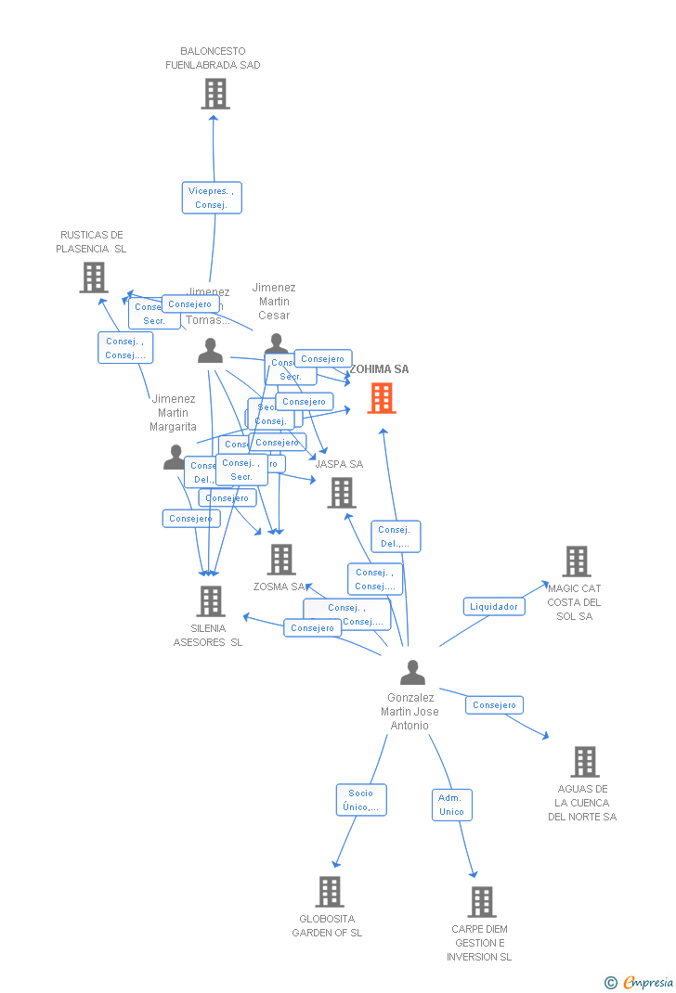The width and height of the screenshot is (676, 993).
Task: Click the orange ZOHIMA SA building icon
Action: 381,398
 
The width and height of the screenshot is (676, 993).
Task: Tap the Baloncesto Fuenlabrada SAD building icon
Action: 215,94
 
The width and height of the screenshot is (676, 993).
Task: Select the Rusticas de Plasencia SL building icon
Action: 94,277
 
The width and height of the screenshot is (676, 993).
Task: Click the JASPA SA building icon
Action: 342,493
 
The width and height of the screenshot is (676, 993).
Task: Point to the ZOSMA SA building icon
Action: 281,560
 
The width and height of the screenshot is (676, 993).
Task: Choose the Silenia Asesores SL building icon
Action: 211,601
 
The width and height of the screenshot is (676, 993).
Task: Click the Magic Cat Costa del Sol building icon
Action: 577,561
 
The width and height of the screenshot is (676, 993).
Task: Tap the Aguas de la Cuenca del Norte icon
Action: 584,762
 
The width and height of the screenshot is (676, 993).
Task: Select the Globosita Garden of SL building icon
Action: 330,892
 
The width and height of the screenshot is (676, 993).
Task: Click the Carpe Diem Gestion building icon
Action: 481,901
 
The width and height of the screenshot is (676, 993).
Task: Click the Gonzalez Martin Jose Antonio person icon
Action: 412,673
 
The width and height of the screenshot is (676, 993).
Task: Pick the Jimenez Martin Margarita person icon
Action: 175,458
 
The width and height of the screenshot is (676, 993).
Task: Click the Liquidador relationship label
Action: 494,607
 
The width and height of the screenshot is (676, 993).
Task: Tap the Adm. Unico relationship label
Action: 452,805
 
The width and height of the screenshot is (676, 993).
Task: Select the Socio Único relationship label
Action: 361,800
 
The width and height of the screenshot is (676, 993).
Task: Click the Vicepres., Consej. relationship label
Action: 212,198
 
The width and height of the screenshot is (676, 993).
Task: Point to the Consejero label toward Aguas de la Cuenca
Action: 494,705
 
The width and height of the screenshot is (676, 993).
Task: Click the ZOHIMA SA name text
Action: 379,369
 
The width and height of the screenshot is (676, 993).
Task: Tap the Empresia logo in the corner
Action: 640,982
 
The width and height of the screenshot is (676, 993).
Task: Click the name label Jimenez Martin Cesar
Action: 274,302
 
